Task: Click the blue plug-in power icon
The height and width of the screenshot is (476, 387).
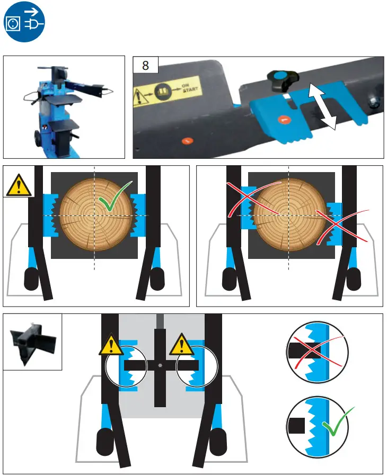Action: [x=23, y=22]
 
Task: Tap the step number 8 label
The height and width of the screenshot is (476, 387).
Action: [x=145, y=66]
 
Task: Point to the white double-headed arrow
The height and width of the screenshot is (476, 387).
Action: [x=323, y=105]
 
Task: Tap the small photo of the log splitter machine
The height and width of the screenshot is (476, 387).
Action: [x=66, y=107]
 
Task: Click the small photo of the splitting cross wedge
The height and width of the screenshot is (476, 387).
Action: [x=33, y=342]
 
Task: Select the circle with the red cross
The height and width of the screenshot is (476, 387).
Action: [x=317, y=351]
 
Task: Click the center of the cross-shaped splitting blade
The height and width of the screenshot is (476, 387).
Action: [x=160, y=365]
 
